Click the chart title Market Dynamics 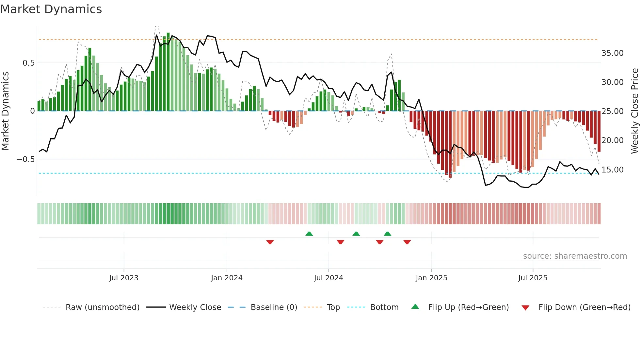[51, 9]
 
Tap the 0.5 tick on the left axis [28, 63]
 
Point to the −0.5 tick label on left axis [26, 159]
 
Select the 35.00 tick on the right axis [612, 53]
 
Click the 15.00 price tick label [612, 170]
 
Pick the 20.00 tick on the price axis [612, 140]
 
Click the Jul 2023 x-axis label [124, 278]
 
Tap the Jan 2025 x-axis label [431, 278]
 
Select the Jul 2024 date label [328, 278]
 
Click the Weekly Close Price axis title [634, 111]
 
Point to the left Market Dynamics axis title [5, 111]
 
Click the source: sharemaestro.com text [575, 256]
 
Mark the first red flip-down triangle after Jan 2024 [270, 242]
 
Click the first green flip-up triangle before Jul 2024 [309, 234]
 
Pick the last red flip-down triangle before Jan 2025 [407, 242]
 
